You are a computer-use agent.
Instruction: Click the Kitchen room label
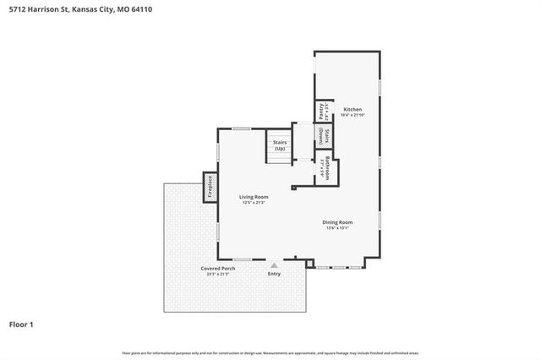(352, 110)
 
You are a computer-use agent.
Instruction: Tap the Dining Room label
(338, 222)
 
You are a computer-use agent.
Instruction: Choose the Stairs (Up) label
(280, 145)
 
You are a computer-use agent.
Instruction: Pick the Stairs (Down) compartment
(322, 138)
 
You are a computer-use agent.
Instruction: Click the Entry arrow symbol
(273, 265)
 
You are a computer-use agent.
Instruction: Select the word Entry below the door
(273, 274)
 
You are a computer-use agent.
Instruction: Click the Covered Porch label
(217, 269)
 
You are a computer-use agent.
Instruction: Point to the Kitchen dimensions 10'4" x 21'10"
(352, 116)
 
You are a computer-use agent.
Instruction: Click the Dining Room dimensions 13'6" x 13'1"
(338, 228)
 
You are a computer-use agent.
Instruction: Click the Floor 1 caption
(22, 324)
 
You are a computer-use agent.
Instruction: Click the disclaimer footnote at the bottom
(270, 352)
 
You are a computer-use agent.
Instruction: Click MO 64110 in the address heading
(125, 9)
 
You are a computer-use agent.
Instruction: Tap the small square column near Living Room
(293, 188)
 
